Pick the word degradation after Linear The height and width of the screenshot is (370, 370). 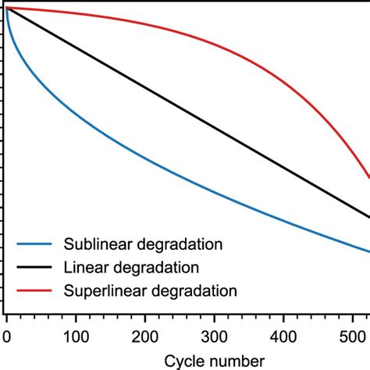(x=155, y=268)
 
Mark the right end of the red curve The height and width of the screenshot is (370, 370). (x=368, y=178)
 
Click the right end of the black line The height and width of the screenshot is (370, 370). (x=368, y=217)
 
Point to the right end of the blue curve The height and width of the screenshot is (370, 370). (x=368, y=251)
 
